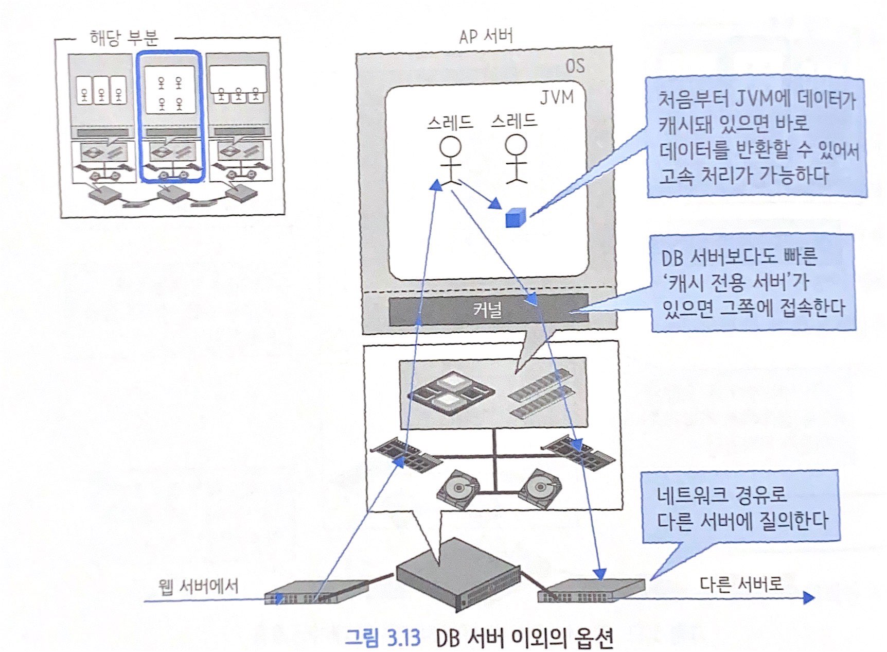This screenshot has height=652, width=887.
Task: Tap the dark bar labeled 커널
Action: tap(488, 310)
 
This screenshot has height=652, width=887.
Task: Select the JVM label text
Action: tap(556, 97)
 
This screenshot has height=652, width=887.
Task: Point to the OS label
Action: tap(575, 66)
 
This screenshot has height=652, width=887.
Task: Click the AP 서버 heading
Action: tap(486, 36)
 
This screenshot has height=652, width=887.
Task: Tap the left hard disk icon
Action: tap(457, 488)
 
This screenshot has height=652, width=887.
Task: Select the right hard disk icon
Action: tap(540, 486)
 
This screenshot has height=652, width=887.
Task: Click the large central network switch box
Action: tap(457, 572)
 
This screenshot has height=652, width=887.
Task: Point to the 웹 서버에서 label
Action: tap(199, 586)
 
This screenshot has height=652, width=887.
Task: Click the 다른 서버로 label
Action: tap(741, 584)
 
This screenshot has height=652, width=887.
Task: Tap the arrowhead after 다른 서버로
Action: tap(808, 597)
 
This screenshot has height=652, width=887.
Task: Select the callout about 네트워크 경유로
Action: tap(741, 507)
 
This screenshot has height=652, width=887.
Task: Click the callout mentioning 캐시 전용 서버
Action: tap(752, 283)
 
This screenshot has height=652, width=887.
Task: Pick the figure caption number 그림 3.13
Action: tap(382, 638)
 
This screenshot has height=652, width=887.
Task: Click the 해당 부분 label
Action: tap(123, 38)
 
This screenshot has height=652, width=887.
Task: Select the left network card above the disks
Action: tap(406, 454)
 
